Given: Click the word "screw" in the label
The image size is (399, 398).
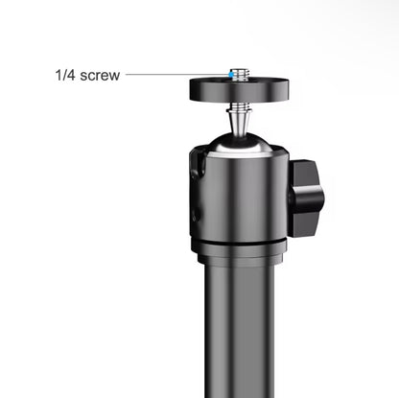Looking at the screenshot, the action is point(100,76).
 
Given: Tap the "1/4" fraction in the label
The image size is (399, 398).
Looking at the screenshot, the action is point(65,75).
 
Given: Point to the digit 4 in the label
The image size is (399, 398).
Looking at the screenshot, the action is point(71,75).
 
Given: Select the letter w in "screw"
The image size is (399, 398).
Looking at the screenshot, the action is point(115,77).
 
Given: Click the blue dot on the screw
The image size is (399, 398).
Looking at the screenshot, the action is point(231,75).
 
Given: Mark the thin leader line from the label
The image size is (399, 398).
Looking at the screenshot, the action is point(177,75).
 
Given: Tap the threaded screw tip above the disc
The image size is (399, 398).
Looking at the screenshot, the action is point(240,74).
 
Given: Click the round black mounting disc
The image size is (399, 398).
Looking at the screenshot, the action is point(239,90).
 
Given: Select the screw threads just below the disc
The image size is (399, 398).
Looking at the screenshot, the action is point(239,105).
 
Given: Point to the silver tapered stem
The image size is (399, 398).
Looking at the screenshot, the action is point(239,122).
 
